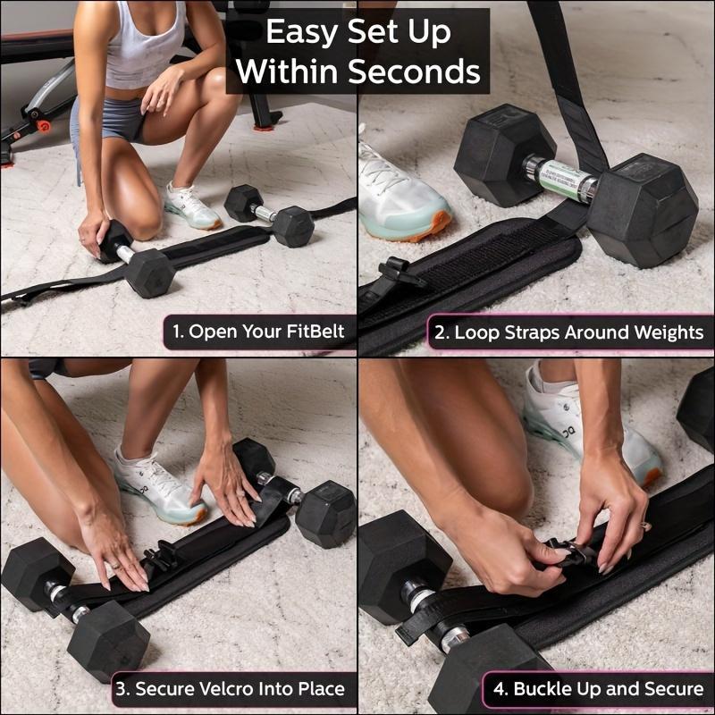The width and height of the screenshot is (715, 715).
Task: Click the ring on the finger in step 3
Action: click(x=114, y=564)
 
